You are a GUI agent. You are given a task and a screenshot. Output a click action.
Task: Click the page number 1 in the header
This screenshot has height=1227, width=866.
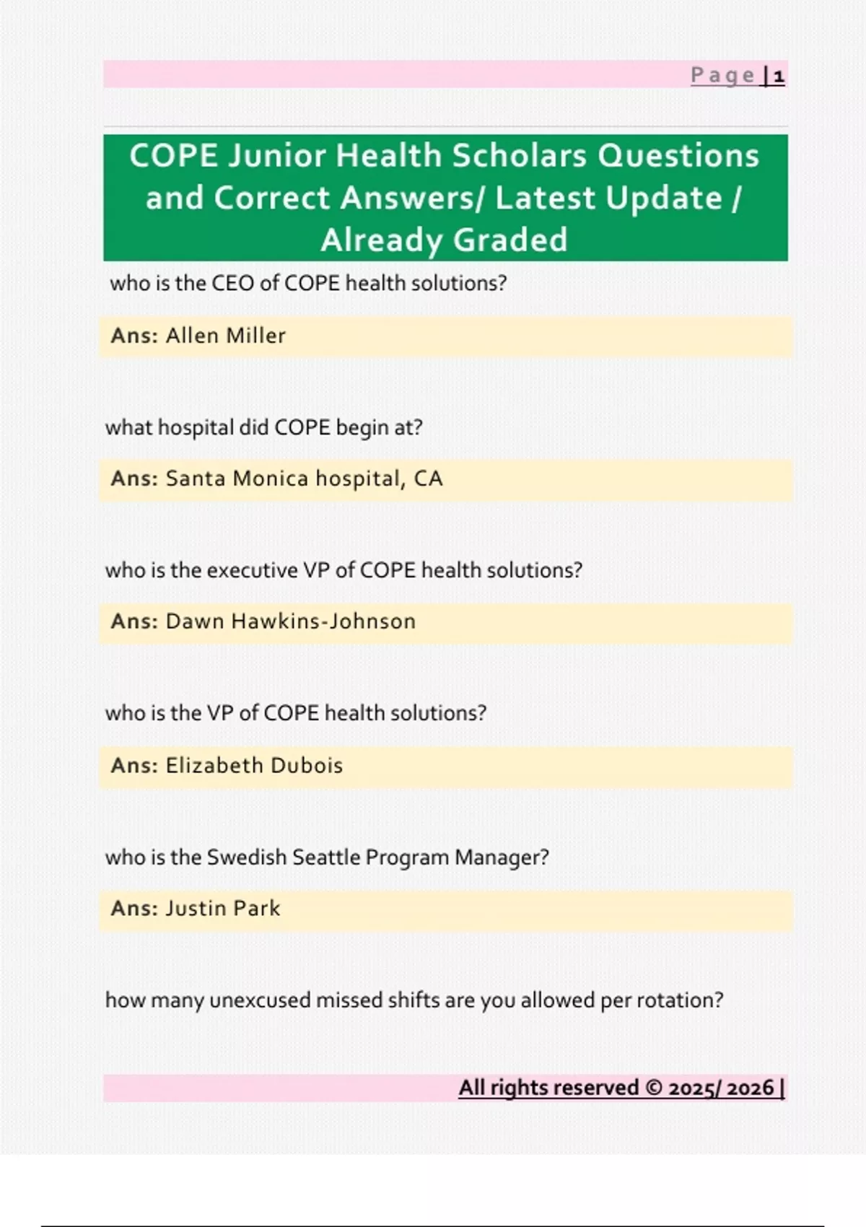[x=779, y=76]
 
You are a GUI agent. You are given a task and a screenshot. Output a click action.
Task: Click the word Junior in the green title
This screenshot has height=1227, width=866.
[x=276, y=156]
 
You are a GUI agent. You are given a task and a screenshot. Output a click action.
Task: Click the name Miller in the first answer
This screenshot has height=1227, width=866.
[x=255, y=335]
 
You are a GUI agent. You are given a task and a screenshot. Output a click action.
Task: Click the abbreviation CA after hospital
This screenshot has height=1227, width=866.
[x=429, y=479]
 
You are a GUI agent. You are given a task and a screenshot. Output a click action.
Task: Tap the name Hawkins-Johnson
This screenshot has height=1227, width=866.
[x=323, y=621]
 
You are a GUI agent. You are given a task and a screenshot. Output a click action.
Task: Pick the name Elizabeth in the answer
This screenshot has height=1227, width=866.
[x=208, y=765]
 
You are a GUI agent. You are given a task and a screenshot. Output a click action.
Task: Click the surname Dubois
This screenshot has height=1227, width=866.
[x=299, y=765]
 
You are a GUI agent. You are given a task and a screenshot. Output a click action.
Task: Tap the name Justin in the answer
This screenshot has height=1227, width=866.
[x=196, y=908]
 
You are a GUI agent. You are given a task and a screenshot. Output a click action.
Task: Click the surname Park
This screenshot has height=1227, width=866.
[x=257, y=908]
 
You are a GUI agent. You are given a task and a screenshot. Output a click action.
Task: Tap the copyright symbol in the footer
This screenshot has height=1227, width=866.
[x=654, y=1088]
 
